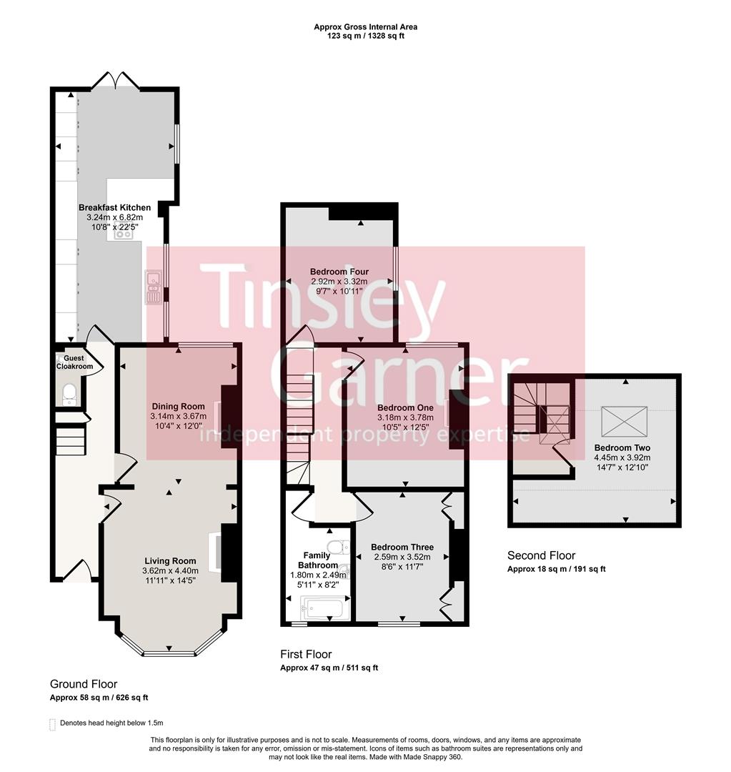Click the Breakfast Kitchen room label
pyautogui.click(x=114, y=207)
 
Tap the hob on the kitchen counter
pyautogui.click(x=123, y=233)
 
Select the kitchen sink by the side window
pyautogui.click(x=153, y=286)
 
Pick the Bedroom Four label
pyautogui.click(x=339, y=272)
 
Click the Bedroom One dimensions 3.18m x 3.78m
pyautogui.click(x=405, y=417)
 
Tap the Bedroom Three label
pyautogui.click(x=402, y=548)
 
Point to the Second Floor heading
pyautogui.click(x=541, y=555)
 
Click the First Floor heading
pyautogui.click(x=306, y=654)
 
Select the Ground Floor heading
pyautogui.click(x=84, y=684)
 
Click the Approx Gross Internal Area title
pyautogui.click(x=365, y=27)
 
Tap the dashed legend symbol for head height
pyautogui.click(x=52, y=723)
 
